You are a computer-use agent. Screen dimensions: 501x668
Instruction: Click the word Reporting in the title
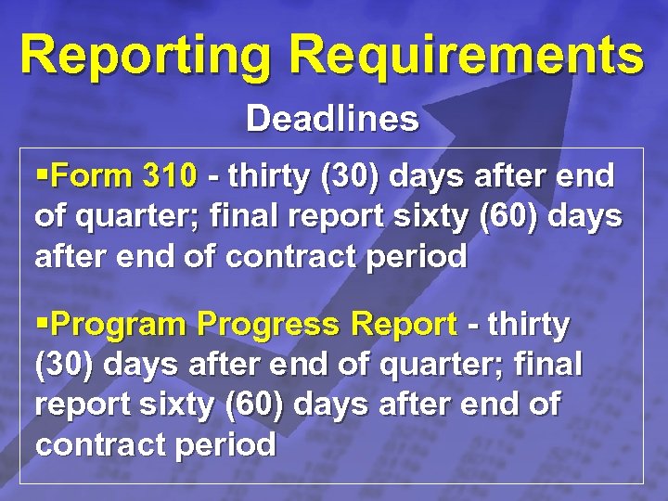(x=147, y=55)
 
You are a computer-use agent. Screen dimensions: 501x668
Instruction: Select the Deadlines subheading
(x=332, y=119)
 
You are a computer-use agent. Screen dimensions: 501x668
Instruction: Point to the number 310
(x=170, y=175)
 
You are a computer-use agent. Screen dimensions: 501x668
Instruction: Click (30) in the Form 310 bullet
(x=351, y=175)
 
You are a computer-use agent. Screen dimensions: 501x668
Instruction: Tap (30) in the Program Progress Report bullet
(x=65, y=366)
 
